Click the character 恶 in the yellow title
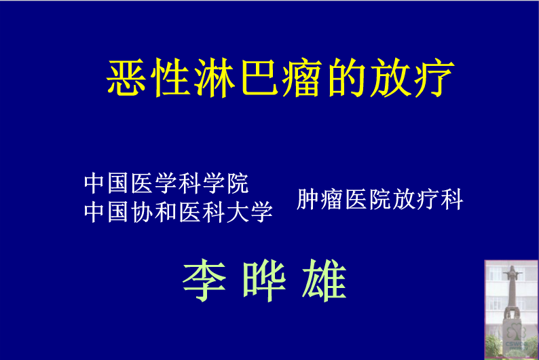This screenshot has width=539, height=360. point(126,77)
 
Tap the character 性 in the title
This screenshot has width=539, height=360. point(170,77)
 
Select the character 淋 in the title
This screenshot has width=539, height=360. point(215,77)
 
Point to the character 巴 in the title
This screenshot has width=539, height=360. point(259,77)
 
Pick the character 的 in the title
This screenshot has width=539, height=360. point(346,77)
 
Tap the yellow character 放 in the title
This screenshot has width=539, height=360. point(391,77)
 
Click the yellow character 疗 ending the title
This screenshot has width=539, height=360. point(434,77)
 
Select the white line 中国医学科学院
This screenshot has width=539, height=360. point(166,183)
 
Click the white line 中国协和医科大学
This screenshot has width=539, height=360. point(179,212)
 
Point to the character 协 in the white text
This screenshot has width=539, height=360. point(143,212)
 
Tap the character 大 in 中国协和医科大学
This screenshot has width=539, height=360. point(238,212)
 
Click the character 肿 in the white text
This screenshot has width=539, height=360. point(308,199)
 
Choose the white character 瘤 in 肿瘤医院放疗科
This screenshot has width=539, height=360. point(332,199)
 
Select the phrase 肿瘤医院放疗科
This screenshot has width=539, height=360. point(380,199)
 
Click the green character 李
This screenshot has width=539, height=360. point(204,281)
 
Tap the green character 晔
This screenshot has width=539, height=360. point(264,281)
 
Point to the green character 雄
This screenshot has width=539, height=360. point(324,281)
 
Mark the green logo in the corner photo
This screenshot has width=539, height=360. point(517,338)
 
